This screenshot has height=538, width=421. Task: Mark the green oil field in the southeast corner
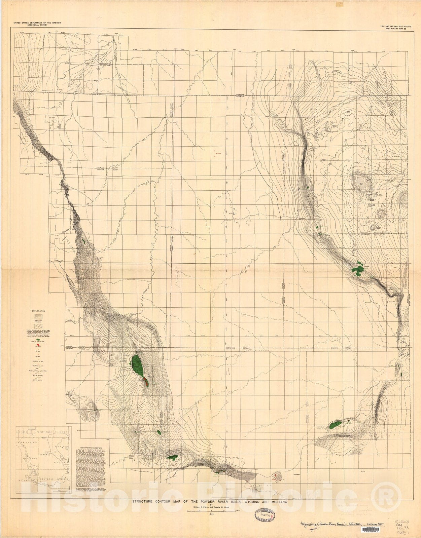336,424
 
